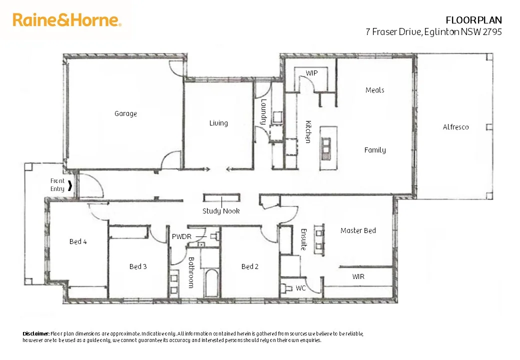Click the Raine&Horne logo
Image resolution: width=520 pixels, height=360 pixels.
[x=67, y=20]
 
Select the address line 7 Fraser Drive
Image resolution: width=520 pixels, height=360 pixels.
[x=433, y=32]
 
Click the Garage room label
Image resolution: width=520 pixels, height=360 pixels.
[x=125, y=114]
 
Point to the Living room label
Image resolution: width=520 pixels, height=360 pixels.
[x=218, y=123]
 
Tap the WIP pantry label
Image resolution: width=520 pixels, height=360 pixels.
[x=311, y=73]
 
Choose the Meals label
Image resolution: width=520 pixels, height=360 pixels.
[x=374, y=90]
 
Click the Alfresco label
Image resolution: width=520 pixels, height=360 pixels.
[x=455, y=127]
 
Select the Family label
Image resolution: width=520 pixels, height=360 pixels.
[x=374, y=150]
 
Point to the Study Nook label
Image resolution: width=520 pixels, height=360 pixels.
[x=221, y=211]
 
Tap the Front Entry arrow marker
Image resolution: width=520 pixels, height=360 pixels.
[x=70, y=186]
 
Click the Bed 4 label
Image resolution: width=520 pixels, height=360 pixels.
[x=78, y=242]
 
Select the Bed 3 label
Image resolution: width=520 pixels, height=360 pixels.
[x=138, y=267]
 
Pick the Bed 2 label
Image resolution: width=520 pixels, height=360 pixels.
[x=250, y=267]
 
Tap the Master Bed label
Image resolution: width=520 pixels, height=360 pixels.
[x=358, y=231]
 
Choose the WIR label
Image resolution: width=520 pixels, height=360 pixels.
[x=358, y=276]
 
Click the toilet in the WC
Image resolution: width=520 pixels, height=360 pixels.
[x=286, y=288]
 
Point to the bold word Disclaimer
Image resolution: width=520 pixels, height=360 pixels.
[x=36, y=333]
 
